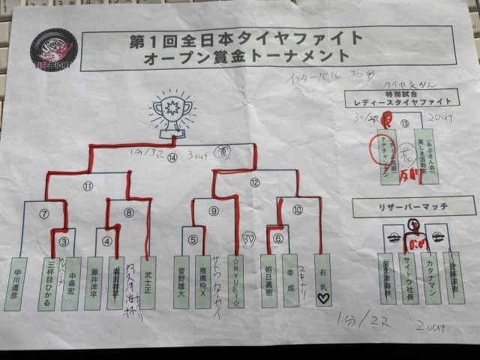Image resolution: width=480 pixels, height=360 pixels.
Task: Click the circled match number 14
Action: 173,157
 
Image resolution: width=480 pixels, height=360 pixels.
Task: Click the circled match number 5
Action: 193,240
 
